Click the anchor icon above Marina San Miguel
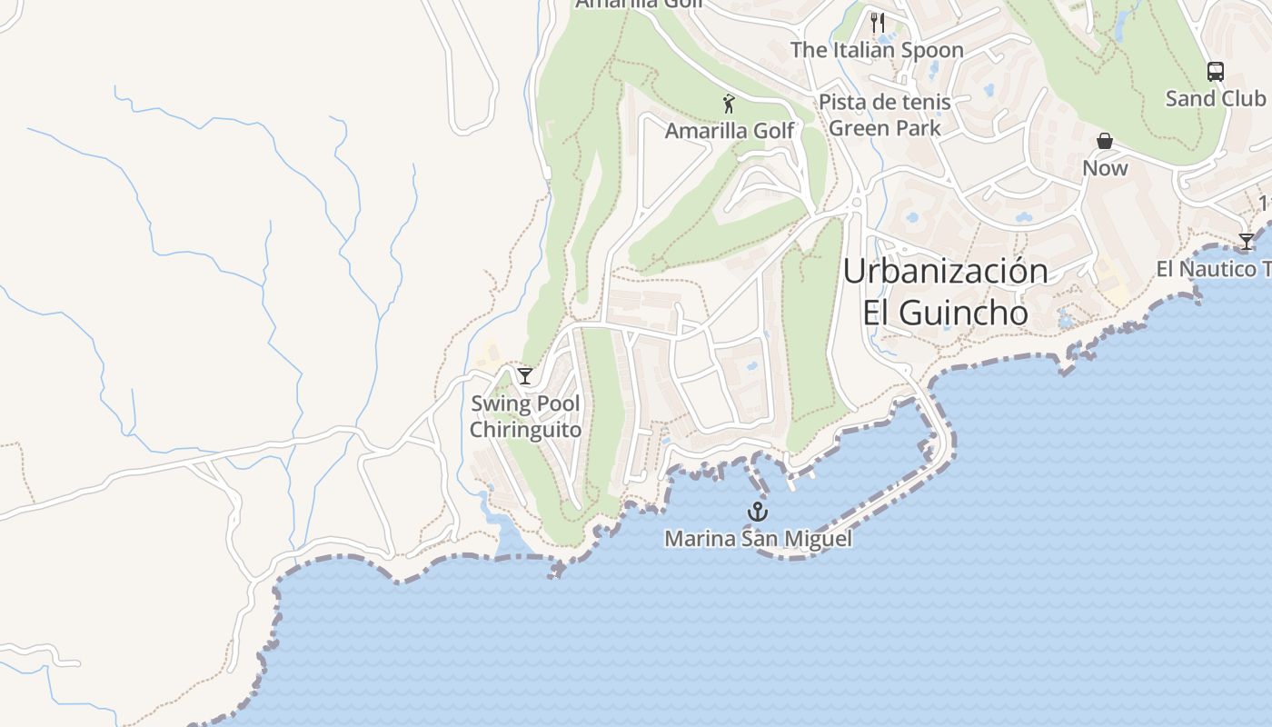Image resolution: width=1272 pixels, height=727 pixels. pyautogui.click(x=758, y=512)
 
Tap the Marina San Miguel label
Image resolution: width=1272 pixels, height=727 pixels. pyautogui.click(x=759, y=539)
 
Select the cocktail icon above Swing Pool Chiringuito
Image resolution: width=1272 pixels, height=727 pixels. pyautogui.click(x=525, y=376)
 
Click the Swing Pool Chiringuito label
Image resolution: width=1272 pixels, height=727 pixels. pyautogui.click(x=525, y=417)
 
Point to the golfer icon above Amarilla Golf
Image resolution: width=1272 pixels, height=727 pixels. pyautogui.click(x=728, y=104)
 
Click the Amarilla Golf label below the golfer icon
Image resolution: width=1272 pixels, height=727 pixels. pyautogui.click(x=730, y=131)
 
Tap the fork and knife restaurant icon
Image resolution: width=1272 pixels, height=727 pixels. pyautogui.click(x=877, y=23)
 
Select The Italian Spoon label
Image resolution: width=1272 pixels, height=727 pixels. pyautogui.click(x=877, y=51)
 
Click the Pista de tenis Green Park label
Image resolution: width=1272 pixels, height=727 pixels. pyautogui.click(x=885, y=115)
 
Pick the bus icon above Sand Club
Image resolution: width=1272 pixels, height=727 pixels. pyautogui.click(x=1215, y=72)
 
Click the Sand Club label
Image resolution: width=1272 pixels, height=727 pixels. pyautogui.click(x=1215, y=99)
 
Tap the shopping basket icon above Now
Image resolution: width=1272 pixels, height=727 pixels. pyautogui.click(x=1105, y=141)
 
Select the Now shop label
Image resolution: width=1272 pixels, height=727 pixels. pyautogui.click(x=1105, y=168)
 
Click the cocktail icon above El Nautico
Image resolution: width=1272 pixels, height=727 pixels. pyautogui.click(x=1247, y=242)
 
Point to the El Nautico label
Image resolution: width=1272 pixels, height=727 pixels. pyautogui.click(x=1214, y=269)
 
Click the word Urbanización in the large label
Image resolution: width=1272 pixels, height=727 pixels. pyautogui.click(x=946, y=271)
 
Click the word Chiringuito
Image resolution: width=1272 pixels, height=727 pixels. pyautogui.click(x=525, y=430)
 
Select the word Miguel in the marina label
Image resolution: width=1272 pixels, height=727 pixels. pyautogui.click(x=820, y=539)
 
